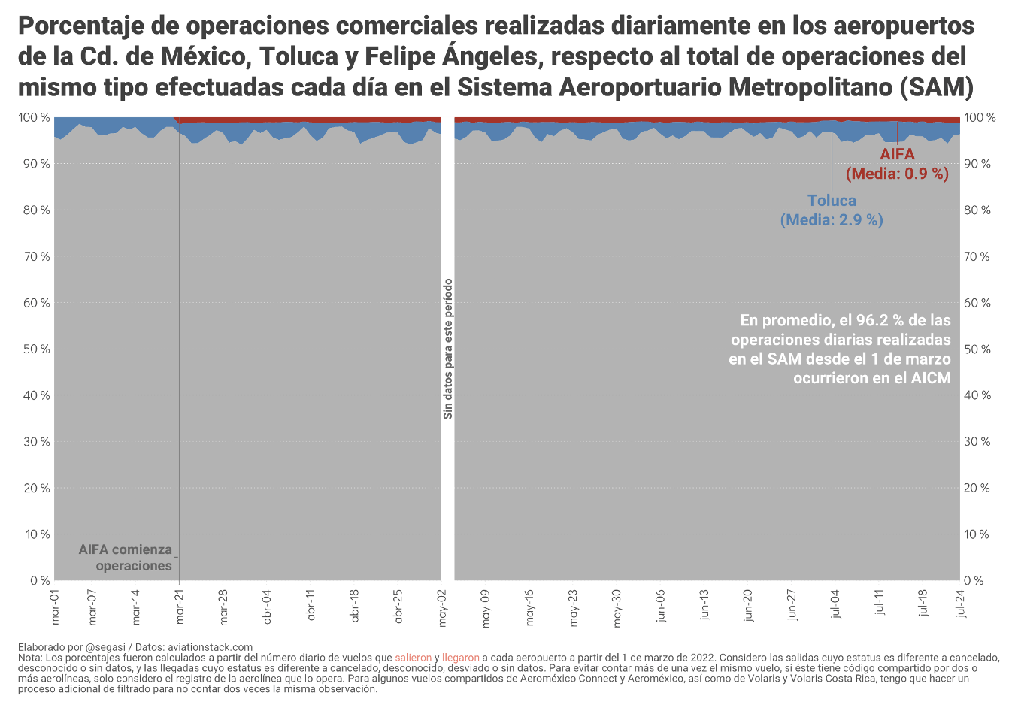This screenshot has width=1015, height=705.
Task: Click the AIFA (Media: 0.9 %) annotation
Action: coord(897,164)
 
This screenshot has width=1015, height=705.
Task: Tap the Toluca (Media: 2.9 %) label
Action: coord(832,210)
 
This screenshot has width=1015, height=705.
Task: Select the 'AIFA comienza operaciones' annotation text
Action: coord(126,558)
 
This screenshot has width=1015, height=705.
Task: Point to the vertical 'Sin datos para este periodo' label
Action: coord(448,349)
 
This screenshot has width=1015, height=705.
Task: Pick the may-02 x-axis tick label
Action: coord(442,608)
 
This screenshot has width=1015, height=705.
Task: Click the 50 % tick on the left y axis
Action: coord(35,349)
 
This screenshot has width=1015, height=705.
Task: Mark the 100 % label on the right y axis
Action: coord(980,118)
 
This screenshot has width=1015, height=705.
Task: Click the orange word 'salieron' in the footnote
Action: coord(414,658)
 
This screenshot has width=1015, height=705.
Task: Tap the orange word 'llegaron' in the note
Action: coord(461,658)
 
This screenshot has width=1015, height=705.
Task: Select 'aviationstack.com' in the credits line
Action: coord(210,647)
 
